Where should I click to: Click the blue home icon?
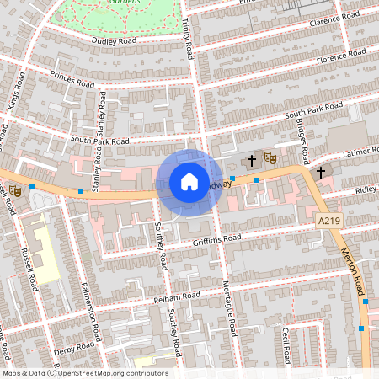(x=189, y=182)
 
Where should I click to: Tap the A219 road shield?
(x=330, y=220)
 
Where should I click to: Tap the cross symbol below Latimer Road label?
(x=320, y=173)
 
